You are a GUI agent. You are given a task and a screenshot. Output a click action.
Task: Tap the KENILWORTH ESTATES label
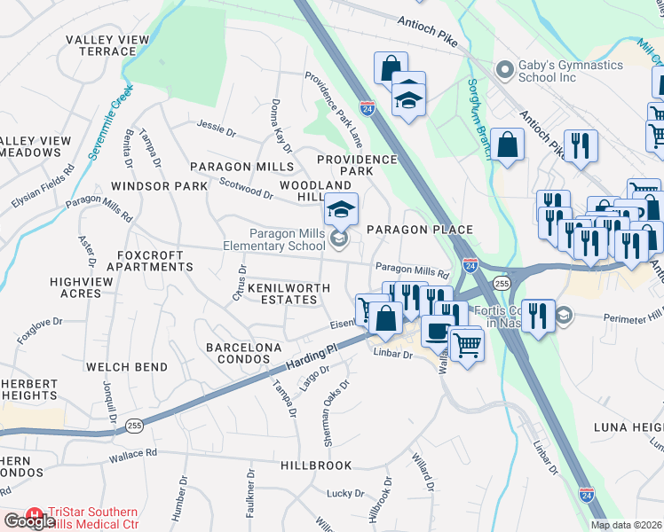pyautogui.click(x=276, y=294)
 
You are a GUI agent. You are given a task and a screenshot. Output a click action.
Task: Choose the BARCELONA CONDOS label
pyautogui.click(x=237, y=354)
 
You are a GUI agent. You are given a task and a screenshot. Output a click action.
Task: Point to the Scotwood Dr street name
pyautogui.click(x=247, y=190)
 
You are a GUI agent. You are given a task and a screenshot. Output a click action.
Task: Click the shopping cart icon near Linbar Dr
pyautogui.click(x=466, y=343)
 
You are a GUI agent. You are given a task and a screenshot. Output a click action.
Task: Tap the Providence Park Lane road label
pyautogui.click(x=335, y=110)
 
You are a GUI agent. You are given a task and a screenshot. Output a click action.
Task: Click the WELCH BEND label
pyautogui.click(x=122, y=366)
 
